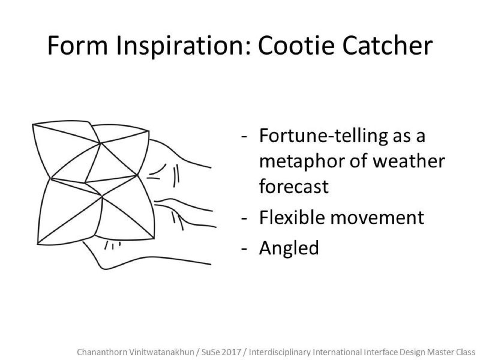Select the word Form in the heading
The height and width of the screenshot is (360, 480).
pos(78,46)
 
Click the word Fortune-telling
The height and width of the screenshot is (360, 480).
pos(323,136)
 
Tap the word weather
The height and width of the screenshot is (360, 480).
pos(409,161)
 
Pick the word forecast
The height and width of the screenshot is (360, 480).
pos(294,187)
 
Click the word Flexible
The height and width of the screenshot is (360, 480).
pos(292,217)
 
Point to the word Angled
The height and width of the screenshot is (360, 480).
pos(289,248)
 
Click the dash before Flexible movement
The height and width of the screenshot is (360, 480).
pos(244,219)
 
